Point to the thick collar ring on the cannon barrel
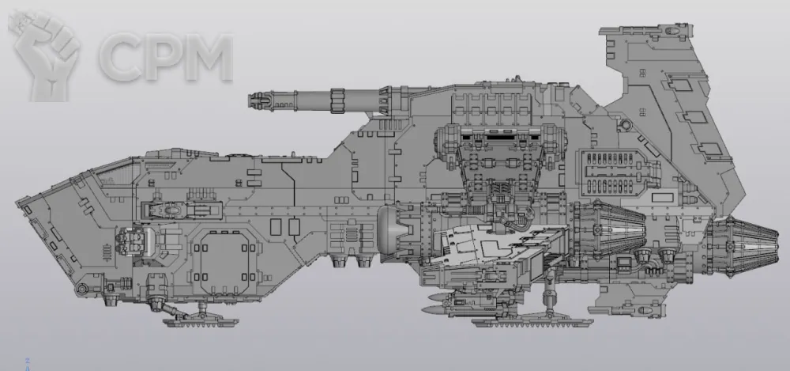pos(337,100)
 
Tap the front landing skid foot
pos(198,320)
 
